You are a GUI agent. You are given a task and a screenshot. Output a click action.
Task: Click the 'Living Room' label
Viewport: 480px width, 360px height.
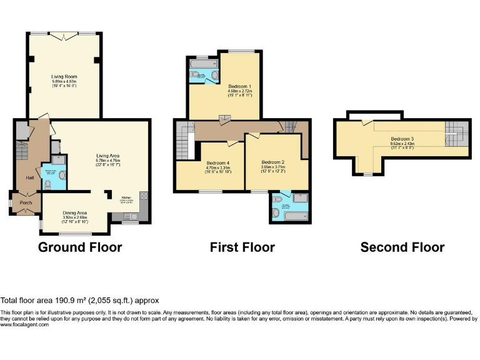pyautogui.click(x=64, y=76)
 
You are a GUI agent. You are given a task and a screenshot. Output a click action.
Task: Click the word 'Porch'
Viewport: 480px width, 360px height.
pyautogui.click(x=26, y=202)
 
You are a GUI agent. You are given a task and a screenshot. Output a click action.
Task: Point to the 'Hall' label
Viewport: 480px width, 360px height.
pyautogui.click(x=29, y=178)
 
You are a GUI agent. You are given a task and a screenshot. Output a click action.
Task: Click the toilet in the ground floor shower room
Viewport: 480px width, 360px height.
pyautogui.click(x=48, y=184)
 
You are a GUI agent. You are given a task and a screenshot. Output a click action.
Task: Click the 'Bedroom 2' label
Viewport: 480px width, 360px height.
pyautogui.click(x=274, y=162)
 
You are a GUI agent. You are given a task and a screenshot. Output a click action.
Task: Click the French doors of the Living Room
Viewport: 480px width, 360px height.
pyautogui.click(x=64, y=36)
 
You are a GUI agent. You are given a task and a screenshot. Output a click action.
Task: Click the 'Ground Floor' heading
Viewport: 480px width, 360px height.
pyautogui.click(x=80, y=247)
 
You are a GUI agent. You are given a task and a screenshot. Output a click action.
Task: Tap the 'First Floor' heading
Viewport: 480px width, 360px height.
pyautogui.click(x=242, y=247)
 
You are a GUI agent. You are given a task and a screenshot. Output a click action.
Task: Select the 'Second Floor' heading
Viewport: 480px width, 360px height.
pyautogui.click(x=402, y=247)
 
